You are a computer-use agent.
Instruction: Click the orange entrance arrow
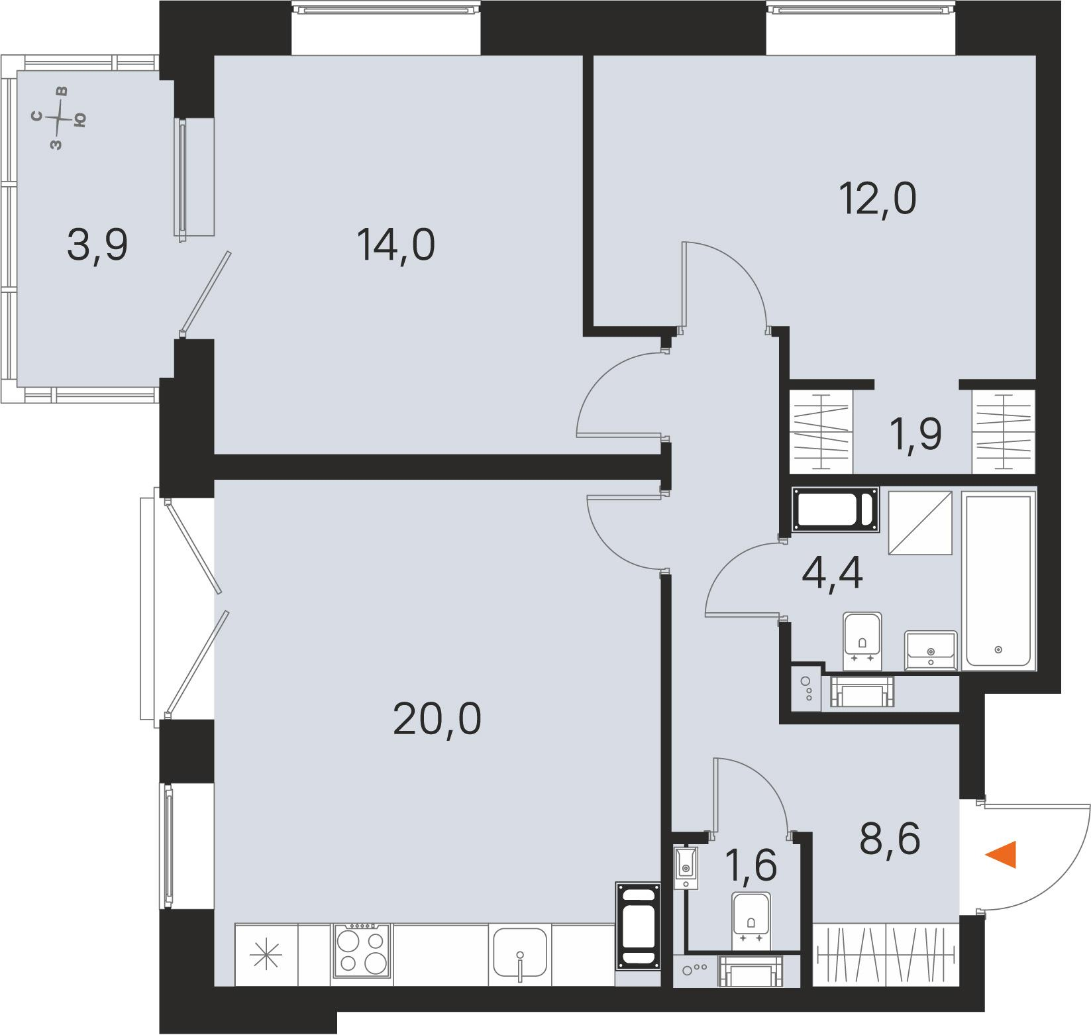[x=1002, y=854]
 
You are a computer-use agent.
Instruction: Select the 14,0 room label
[x=395, y=245]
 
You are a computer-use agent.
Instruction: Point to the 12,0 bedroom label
[x=878, y=198]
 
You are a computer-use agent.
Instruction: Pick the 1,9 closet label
[x=918, y=435]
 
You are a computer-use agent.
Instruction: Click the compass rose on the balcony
[x=60, y=117]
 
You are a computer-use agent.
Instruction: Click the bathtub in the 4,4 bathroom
[x=998, y=579]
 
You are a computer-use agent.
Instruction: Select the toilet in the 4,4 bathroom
[x=862, y=640]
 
